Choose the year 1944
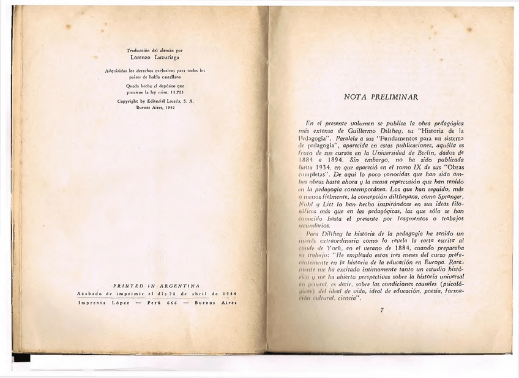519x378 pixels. point(230,292)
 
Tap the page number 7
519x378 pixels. point(381,310)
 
